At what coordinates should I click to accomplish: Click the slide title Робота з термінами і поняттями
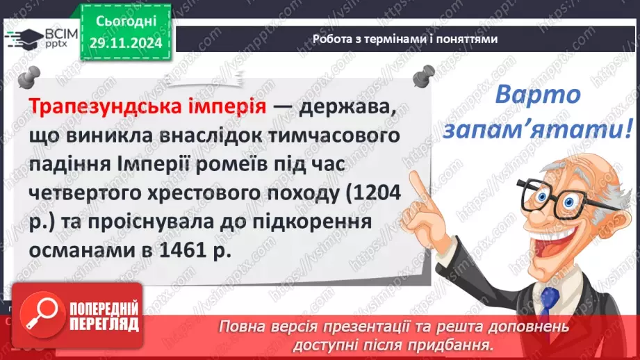(x=404, y=40)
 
